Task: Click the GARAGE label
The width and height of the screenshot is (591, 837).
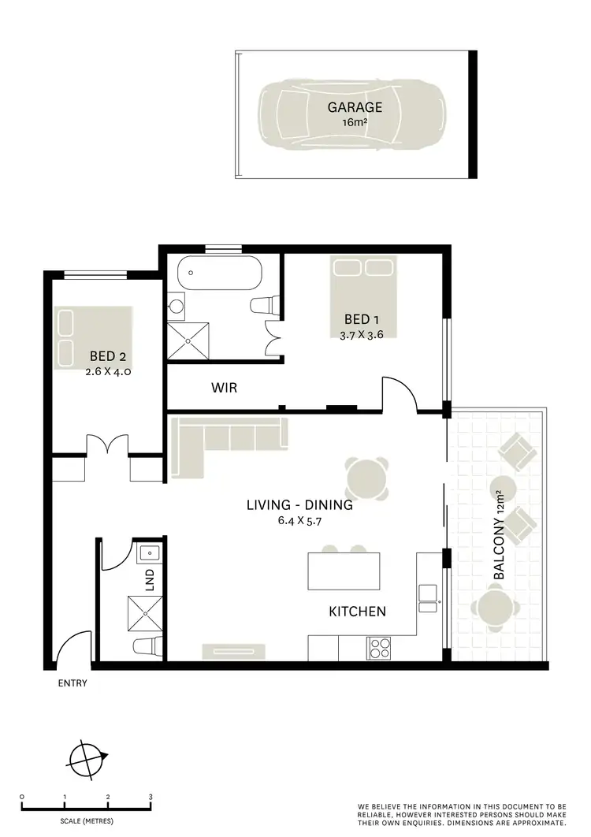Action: (x=356, y=108)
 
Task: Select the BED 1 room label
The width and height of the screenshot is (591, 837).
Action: (x=362, y=319)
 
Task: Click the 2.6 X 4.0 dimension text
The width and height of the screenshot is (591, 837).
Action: (x=108, y=370)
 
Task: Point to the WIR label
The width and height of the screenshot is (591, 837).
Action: (x=224, y=388)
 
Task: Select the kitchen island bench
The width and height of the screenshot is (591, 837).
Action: (x=344, y=571)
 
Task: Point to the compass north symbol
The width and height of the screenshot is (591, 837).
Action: (x=87, y=760)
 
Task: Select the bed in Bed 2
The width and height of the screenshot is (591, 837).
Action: (x=93, y=337)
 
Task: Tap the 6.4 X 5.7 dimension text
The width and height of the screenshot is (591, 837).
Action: (x=299, y=520)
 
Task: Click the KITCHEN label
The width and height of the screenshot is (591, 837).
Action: (x=357, y=611)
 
